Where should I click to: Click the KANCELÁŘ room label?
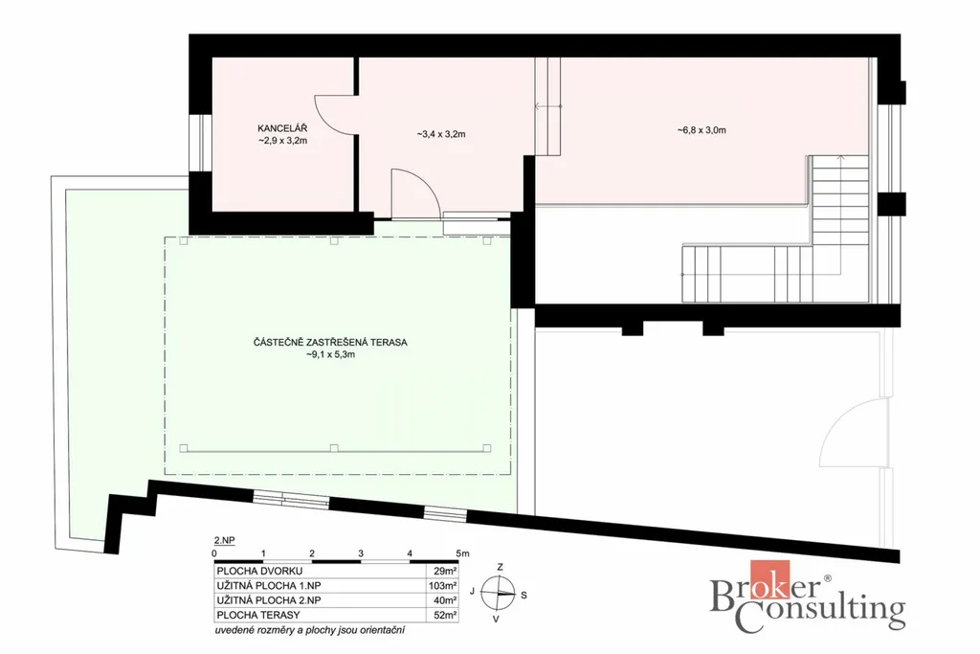pyautogui.click(x=282, y=128)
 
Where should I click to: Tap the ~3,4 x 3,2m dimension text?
pyautogui.click(x=440, y=134)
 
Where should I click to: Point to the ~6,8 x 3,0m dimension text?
pyautogui.click(x=702, y=130)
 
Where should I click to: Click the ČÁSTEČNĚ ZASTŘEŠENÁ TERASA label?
pyautogui.click(x=330, y=343)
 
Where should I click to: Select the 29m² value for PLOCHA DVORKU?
pyautogui.click(x=445, y=571)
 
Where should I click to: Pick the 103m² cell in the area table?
pyautogui.click(x=442, y=586)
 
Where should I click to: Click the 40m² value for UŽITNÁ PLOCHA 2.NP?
pyautogui.click(x=445, y=600)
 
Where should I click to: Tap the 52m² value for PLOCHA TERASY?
pyautogui.click(x=445, y=616)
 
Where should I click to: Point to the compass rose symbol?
pyautogui.click(x=498, y=593)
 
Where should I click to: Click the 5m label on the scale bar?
pyautogui.click(x=462, y=553)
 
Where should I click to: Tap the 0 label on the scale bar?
pyautogui.click(x=214, y=553)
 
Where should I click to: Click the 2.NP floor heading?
pyautogui.click(x=224, y=540)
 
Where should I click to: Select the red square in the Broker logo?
pyautogui.click(x=770, y=581)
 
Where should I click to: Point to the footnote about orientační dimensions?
pyautogui.click(x=309, y=630)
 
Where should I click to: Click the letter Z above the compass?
pyautogui.click(x=500, y=567)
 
